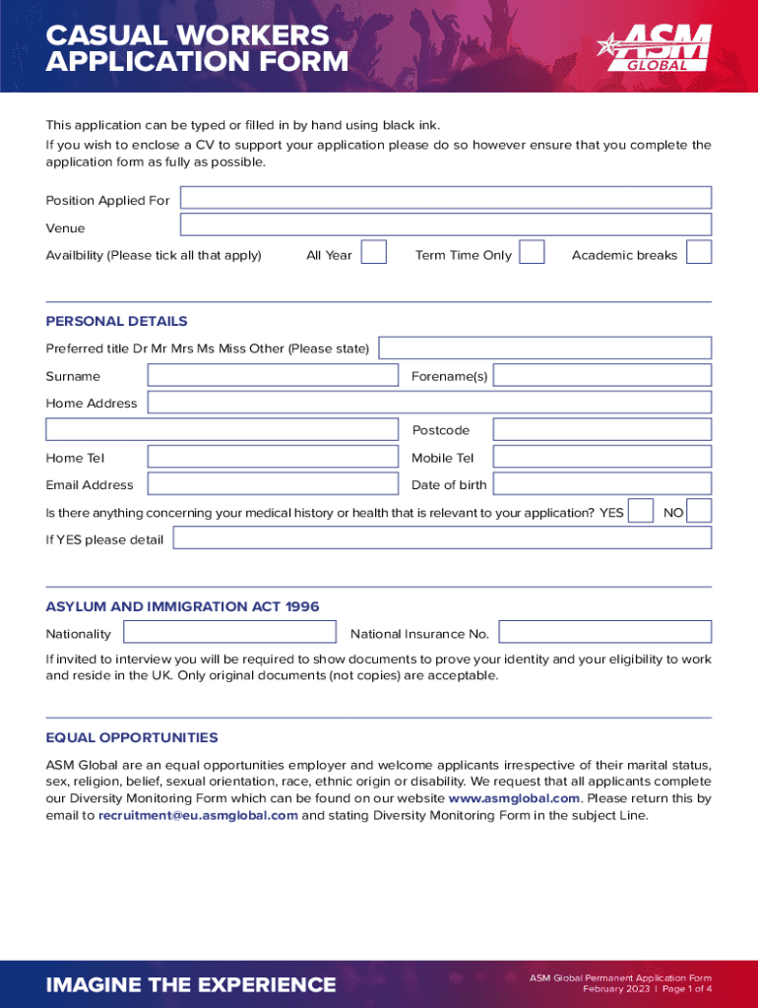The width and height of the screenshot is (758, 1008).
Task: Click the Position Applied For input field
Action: coord(445,198)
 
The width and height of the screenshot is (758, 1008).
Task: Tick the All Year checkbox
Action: coord(373,253)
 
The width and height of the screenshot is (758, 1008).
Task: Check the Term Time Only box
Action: coord(532,253)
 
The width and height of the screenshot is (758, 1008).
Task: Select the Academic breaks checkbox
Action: coord(699,253)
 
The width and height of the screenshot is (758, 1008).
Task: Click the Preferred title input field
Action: coord(544,347)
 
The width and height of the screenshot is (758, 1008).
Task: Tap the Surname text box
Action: coord(273,375)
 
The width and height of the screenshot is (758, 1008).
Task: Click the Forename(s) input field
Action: coord(601,375)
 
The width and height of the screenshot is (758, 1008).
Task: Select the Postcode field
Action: coord(601,429)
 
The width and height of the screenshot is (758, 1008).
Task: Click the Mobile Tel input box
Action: coord(601,457)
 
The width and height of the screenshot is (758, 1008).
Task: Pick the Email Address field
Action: coord(273,483)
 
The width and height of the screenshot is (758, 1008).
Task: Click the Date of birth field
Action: coord(601,483)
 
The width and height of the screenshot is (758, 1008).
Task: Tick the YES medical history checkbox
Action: coord(640,511)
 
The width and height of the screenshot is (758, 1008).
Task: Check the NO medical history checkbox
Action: coord(699,511)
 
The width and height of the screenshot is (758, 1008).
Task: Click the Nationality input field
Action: coord(229,632)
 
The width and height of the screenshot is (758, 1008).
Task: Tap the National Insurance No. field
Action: coord(604,632)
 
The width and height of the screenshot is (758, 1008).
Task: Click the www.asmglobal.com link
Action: coord(514,798)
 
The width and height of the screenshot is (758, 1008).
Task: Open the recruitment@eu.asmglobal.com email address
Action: coord(198,815)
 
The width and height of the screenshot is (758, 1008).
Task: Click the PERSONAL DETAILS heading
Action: coord(116,321)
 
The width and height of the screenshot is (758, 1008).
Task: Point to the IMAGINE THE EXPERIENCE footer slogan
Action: coord(191,984)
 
